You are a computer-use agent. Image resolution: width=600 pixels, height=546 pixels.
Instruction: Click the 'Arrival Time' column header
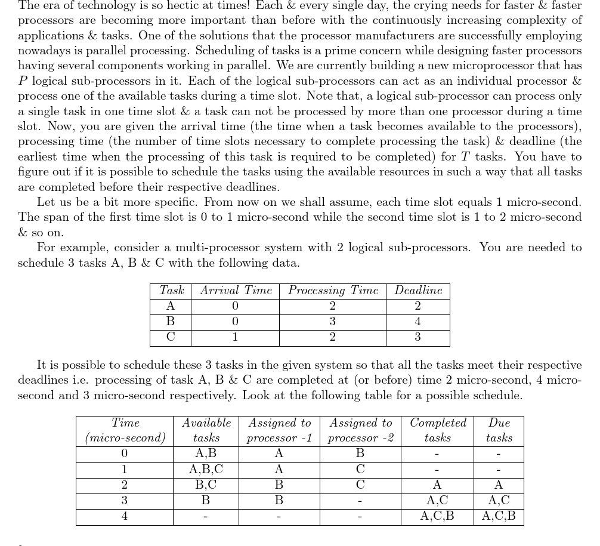tap(236, 291)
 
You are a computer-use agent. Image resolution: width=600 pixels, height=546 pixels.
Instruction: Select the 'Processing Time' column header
tap(333, 291)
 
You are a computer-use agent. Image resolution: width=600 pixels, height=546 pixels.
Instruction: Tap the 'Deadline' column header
tap(418, 291)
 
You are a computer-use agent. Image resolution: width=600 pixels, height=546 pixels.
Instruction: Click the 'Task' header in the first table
tap(171, 291)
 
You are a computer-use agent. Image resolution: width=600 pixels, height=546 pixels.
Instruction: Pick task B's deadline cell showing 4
tap(417, 322)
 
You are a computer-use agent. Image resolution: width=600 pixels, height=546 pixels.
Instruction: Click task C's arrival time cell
tap(235, 337)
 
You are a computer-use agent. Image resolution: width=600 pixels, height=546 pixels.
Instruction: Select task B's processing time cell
tap(332, 322)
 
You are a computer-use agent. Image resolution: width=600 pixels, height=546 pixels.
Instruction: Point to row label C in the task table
tap(171, 337)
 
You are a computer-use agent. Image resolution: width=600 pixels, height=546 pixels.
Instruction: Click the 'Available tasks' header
tap(206, 430)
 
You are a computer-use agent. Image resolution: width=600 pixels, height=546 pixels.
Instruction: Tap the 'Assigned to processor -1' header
tap(279, 430)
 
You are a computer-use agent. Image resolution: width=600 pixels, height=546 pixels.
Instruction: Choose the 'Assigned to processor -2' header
tap(361, 430)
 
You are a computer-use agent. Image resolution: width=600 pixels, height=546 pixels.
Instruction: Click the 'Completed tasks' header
tap(438, 430)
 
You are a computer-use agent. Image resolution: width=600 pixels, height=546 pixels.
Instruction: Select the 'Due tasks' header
tap(499, 430)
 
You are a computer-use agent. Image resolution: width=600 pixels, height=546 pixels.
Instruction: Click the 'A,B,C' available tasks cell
tap(206, 470)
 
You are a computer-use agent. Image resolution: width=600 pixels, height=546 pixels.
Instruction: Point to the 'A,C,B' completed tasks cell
tap(437, 516)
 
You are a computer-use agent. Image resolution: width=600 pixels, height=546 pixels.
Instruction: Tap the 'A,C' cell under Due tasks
tap(499, 501)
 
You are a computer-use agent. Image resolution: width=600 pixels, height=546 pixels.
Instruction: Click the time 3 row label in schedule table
tap(125, 501)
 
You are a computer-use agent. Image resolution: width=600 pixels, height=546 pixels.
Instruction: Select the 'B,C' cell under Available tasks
tap(206, 485)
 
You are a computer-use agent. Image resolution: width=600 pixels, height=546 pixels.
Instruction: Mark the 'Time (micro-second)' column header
tap(125, 430)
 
